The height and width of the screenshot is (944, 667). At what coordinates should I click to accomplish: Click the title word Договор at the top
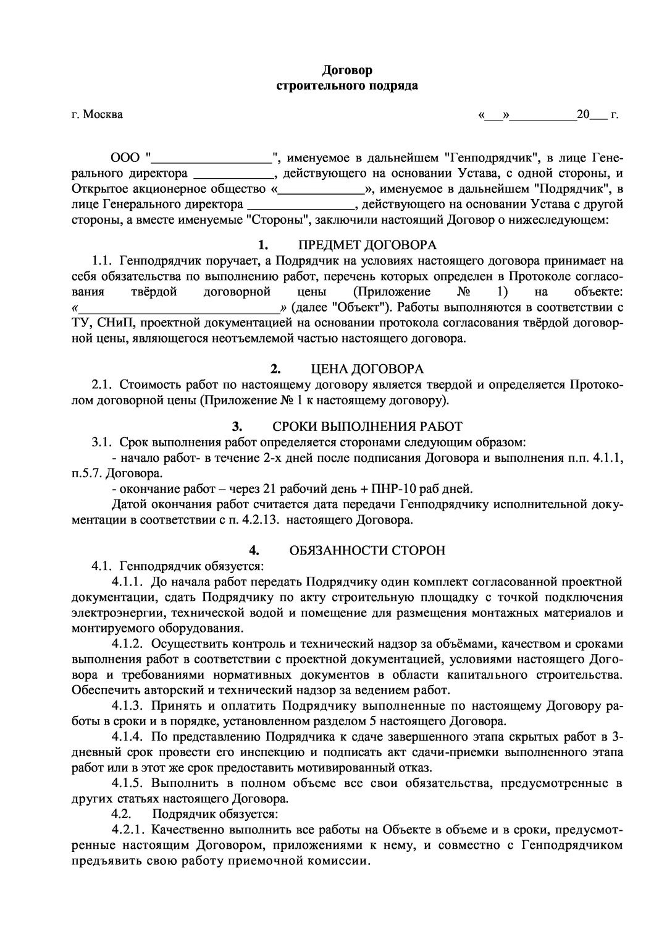point(346,70)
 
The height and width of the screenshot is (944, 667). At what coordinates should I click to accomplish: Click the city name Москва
point(103,114)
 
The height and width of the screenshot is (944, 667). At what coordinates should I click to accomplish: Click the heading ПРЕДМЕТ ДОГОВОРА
point(367,244)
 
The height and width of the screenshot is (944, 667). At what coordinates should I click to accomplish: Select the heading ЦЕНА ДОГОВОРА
point(367,370)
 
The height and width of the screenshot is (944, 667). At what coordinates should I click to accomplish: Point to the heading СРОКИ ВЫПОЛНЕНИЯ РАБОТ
point(367,427)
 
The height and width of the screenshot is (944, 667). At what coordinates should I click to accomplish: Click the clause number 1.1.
point(102,260)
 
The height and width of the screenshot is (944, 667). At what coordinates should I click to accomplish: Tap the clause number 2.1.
point(102,385)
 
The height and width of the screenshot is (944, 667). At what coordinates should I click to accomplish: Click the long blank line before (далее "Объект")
point(178,307)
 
